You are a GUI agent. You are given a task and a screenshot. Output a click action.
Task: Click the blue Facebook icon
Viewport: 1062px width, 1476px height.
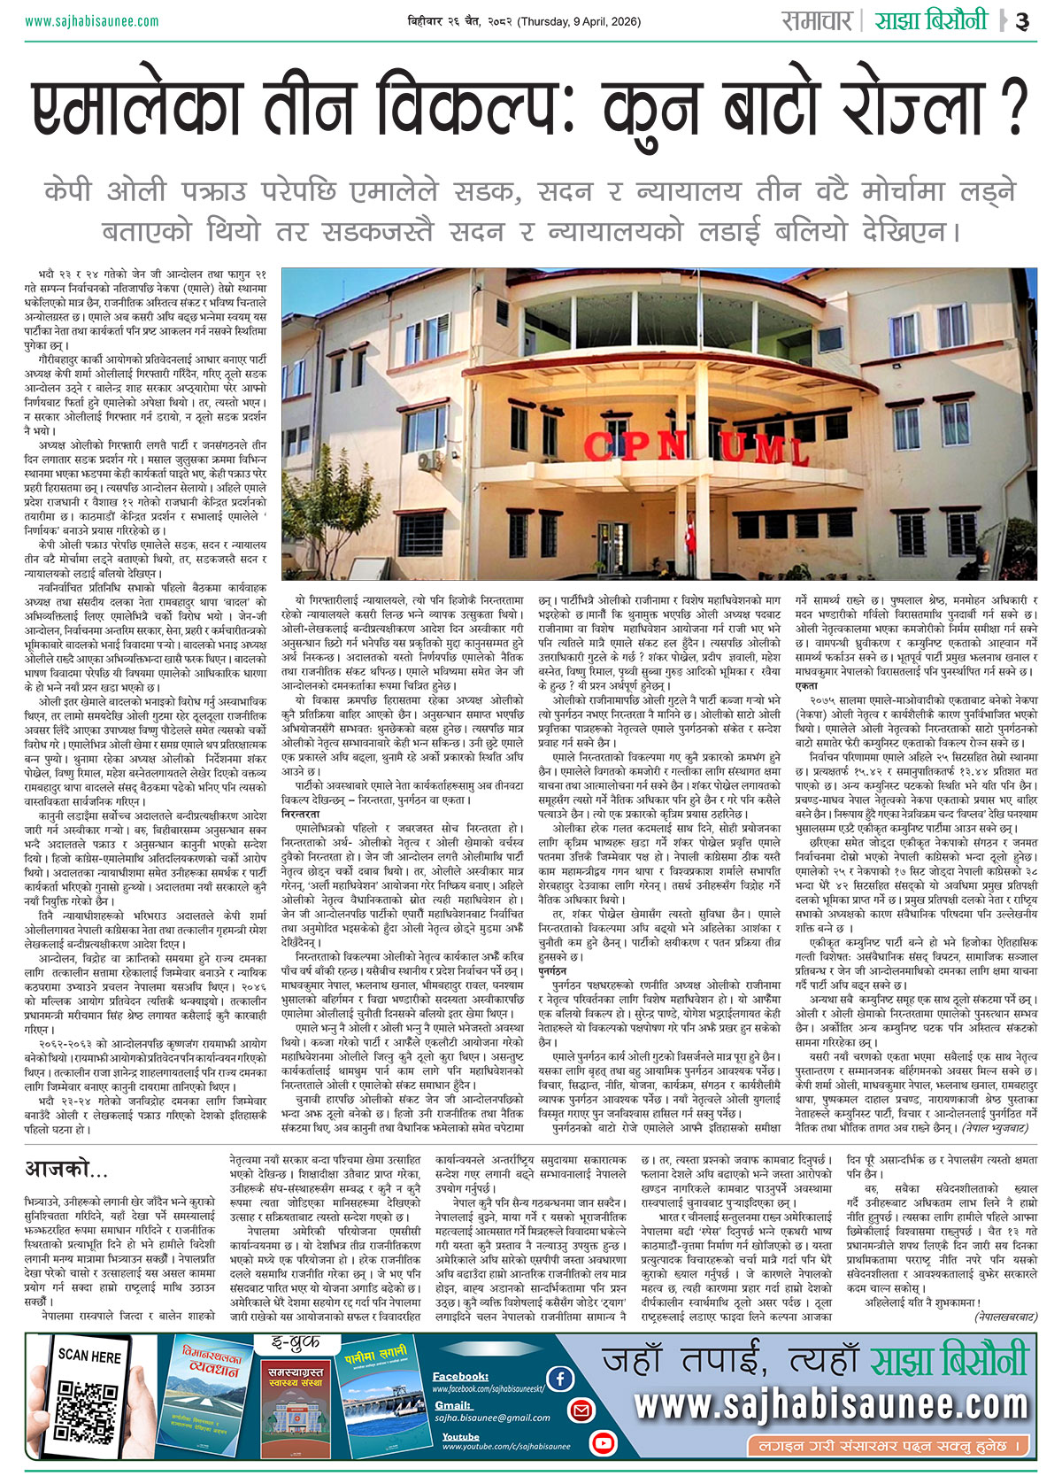pyautogui.click(x=559, y=1378)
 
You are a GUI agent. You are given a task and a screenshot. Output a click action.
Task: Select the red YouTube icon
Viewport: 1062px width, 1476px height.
pyautogui.click(x=603, y=1443)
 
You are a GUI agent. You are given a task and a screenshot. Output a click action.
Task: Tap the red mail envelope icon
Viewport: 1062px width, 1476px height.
pyautogui.click(x=581, y=1410)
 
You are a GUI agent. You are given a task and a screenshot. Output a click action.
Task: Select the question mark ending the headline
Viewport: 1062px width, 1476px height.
pyautogui.click(x=1017, y=108)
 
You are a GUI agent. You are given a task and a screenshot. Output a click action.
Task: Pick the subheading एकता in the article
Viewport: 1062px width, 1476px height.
pyautogui.click(x=806, y=685)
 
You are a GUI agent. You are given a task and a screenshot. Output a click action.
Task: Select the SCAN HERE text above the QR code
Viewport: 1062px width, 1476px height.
pyautogui.click(x=89, y=1356)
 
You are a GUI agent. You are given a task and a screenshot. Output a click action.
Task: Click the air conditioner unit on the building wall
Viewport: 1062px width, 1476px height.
pyautogui.click(x=429, y=459)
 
